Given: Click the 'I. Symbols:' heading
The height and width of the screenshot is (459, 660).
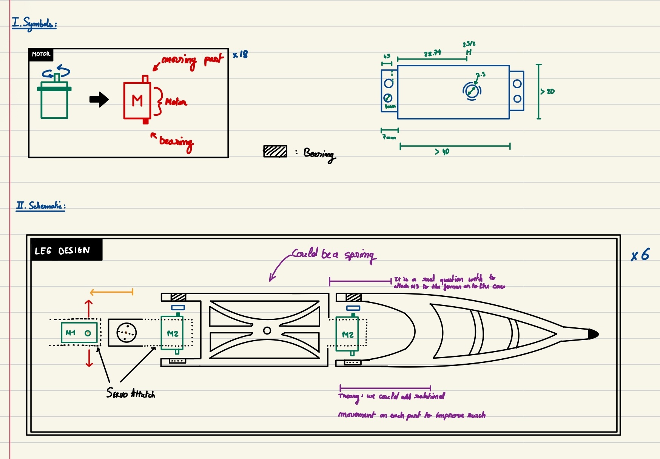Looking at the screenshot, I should [34, 23].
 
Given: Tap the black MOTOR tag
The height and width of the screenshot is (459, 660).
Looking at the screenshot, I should [41, 54].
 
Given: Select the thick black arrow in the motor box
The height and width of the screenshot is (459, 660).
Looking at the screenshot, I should [99, 100].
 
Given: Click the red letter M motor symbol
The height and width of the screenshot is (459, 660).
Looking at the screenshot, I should [137, 101].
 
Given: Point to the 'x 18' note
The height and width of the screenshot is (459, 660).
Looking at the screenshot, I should [241, 54].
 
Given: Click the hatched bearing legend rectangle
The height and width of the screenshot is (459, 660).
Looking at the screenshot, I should [275, 151].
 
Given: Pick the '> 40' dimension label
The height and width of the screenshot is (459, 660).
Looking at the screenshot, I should [442, 152].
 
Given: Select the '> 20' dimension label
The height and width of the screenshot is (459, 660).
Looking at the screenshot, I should [548, 91].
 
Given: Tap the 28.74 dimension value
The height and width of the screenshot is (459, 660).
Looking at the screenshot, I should [432, 53].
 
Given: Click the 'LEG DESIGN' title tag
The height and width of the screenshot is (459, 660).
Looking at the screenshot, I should [63, 250].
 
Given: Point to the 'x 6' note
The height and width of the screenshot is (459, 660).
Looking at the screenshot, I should [640, 255].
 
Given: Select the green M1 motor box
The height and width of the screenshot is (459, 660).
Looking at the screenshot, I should [79, 333].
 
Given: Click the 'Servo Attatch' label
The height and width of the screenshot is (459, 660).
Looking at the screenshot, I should [131, 393].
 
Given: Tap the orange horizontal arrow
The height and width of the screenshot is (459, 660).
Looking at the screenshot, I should [111, 292].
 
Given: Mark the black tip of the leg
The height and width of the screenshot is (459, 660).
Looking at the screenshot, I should [593, 334].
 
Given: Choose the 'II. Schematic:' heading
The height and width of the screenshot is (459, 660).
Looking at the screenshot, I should [41, 206].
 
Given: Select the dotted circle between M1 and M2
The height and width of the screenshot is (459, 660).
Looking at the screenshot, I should [126, 333].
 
